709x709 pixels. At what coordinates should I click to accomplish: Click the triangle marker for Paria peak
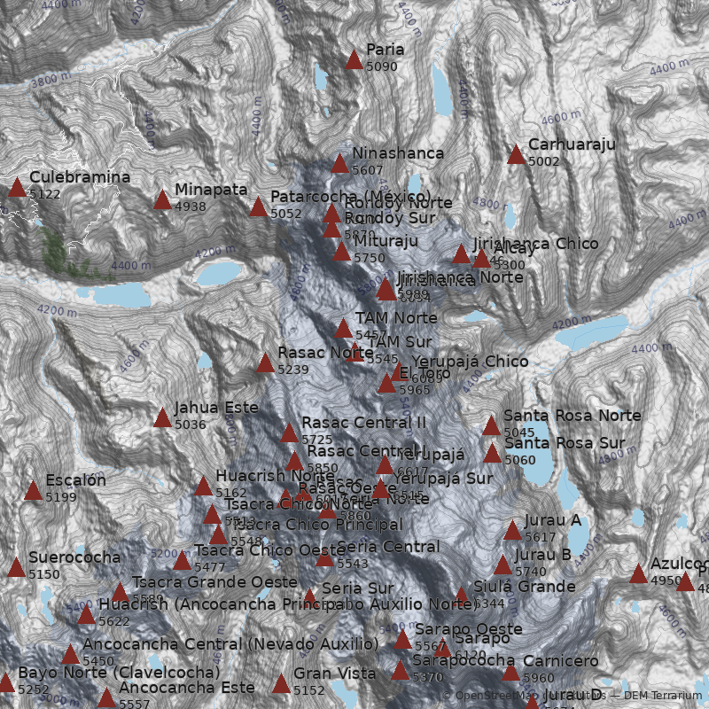[x=354, y=60]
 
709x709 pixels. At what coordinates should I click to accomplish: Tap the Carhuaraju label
[x=571, y=144]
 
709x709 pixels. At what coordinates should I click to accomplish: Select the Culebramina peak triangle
[x=17, y=187]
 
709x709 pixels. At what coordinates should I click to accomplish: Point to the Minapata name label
[x=211, y=190]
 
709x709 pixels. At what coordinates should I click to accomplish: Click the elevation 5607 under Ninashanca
[x=367, y=169]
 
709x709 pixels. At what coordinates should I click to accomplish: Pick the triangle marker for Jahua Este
[x=162, y=417]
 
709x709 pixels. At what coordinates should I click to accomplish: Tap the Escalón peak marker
[x=33, y=490]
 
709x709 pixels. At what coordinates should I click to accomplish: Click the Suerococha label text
[x=74, y=557]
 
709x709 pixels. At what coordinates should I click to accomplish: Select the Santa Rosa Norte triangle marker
[x=492, y=425]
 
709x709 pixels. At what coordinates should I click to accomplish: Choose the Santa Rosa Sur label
[x=576, y=443]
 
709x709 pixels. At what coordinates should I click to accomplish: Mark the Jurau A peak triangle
[x=512, y=530]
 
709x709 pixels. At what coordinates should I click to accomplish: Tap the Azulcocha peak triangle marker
[x=638, y=573]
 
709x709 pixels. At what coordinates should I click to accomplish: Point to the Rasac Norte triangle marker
[x=265, y=362]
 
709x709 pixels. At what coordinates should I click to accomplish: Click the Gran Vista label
[x=334, y=674]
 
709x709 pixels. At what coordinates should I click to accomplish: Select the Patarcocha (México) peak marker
[x=258, y=207]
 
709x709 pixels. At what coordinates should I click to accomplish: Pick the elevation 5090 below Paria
[x=381, y=66]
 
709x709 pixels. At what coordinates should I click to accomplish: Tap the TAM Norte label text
[x=395, y=317]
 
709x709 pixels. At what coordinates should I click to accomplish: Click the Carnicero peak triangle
[x=510, y=672]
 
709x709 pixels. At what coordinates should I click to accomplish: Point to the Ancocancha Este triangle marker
[x=106, y=697]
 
